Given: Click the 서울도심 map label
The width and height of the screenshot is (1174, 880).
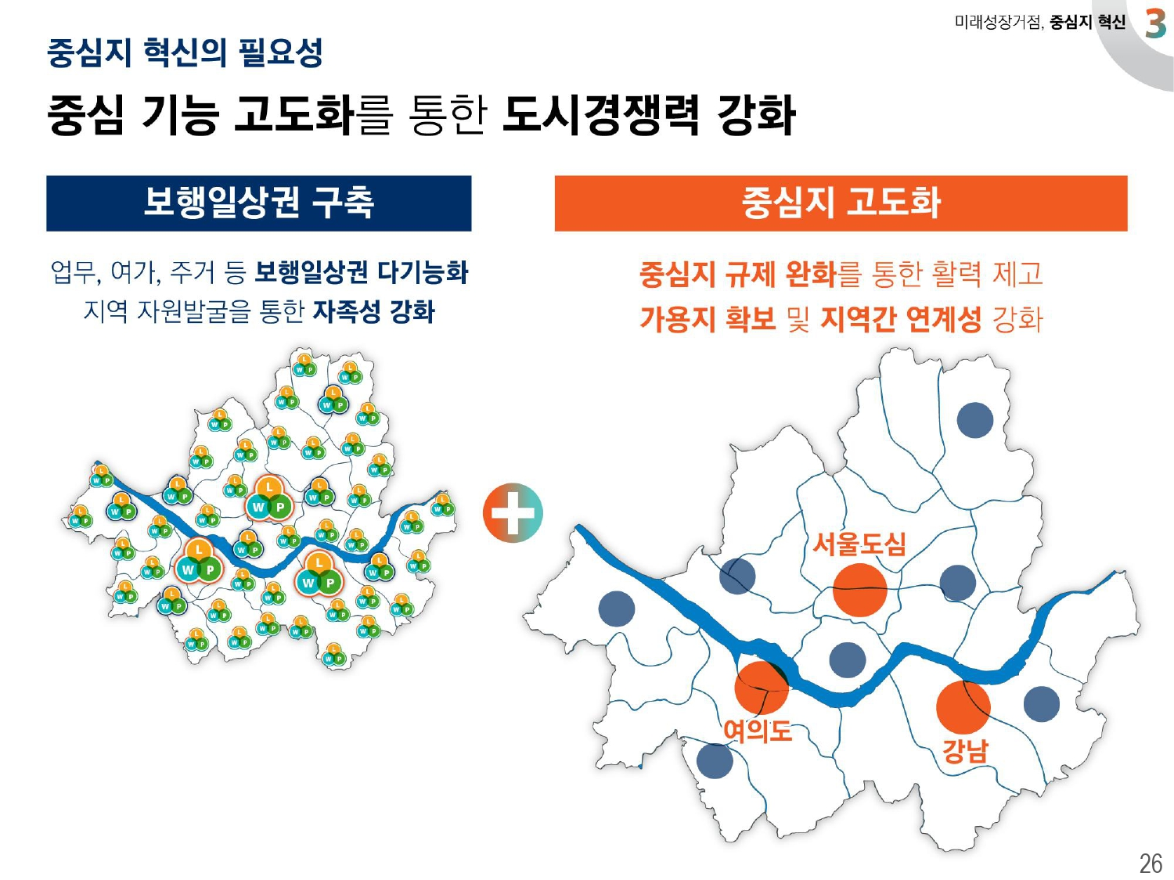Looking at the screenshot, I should pos(859,543).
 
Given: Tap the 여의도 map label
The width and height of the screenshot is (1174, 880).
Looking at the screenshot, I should pos(757,731).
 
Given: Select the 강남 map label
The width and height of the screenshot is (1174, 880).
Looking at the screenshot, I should pos(965,751).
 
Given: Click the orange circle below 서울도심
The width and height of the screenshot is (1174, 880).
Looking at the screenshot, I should pos(859,590).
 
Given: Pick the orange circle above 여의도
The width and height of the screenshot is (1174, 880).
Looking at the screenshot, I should pos(761,688).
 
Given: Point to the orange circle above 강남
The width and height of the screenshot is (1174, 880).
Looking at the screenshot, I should pos(963,707).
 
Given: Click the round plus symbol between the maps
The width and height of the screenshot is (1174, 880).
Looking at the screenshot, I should pos(513,513).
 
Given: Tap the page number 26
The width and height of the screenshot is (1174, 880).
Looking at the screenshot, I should pos(1151,863).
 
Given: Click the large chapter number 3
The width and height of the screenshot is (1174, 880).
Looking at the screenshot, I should pos(1155,23).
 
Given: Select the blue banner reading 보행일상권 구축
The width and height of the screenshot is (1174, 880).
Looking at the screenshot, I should pos(258,203).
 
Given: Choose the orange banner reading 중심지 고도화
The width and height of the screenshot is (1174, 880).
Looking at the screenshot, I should pos(841,203).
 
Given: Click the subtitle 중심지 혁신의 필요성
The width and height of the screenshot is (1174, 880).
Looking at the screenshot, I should pos(185,52).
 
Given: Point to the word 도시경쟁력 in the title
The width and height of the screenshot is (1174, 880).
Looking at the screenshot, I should pos(600,115).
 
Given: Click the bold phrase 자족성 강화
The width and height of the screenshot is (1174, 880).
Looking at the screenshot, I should pos(373,311).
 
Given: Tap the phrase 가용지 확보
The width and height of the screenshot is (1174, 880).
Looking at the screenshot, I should pos(707,318).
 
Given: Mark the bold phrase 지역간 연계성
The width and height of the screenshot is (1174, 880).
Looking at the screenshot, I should pos(900,318).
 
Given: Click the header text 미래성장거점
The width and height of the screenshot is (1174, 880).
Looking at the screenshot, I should pos(998,23).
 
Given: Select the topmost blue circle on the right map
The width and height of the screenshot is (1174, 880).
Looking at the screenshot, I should pos(974,420).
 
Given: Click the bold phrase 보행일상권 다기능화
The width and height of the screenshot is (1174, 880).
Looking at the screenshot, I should pos(362,272).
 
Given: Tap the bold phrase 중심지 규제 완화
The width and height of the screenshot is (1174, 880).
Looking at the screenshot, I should pos(738,274).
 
